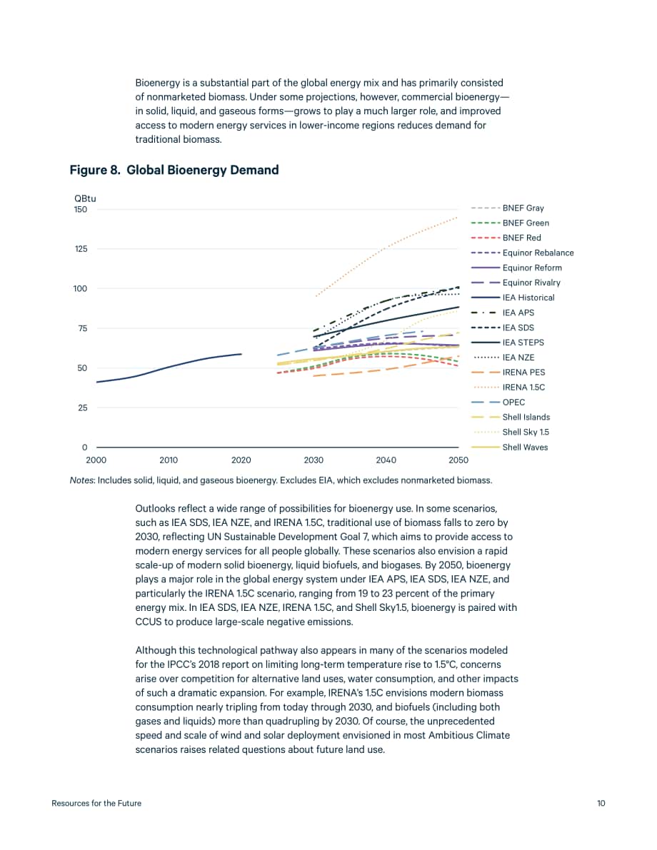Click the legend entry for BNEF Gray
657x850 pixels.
click(x=507, y=208)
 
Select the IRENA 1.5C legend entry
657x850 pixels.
click(x=508, y=387)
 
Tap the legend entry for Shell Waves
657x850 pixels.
click(x=509, y=447)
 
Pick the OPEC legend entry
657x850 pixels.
click(x=498, y=403)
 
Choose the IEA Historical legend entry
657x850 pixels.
click(x=513, y=298)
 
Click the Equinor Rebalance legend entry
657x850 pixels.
click(x=523, y=253)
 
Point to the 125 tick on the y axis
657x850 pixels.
click(x=81, y=249)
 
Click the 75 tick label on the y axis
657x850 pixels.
click(x=82, y=328)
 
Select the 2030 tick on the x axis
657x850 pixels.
click(x=314, y=460)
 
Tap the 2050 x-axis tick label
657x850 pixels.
click(x=458, y=460)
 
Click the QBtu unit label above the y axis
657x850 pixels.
click(x=85, y=198)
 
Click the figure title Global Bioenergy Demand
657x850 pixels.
click(x=202, y=171)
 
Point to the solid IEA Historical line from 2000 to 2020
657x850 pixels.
click(x=169, y=367)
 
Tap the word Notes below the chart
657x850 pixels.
click(x=82, y=480)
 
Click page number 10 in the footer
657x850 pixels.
click(x=601, y=804)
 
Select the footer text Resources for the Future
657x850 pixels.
click(x=96, y=804)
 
